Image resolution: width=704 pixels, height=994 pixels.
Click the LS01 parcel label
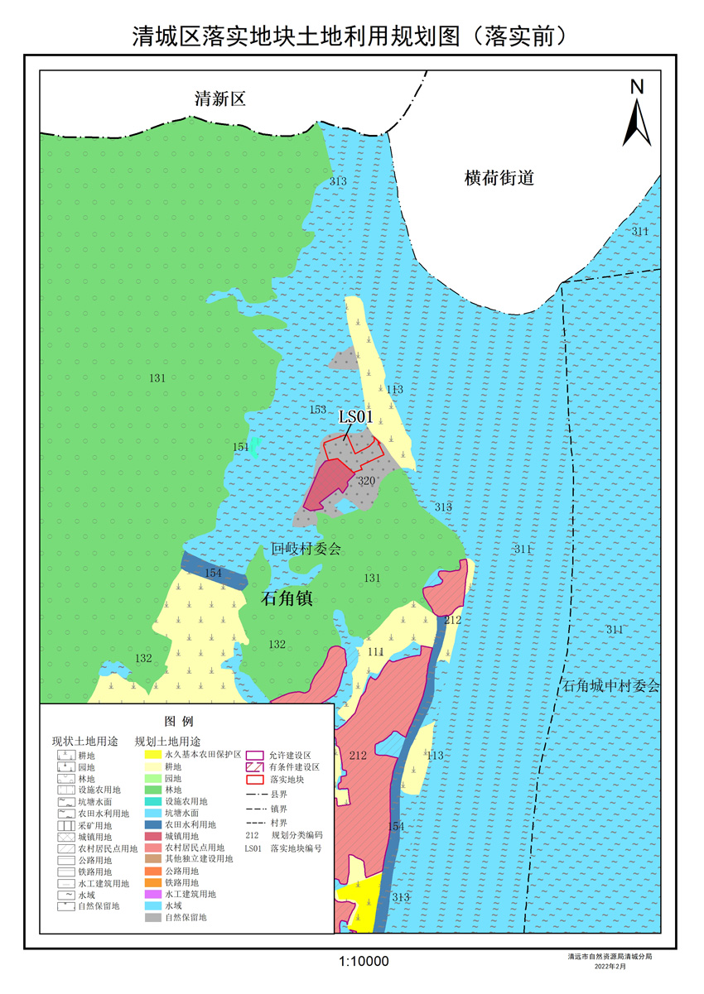(x=357, y=416)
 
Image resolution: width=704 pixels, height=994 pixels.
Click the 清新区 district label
(x=220, y=100)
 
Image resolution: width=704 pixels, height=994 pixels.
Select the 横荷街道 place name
(x=499, y=178)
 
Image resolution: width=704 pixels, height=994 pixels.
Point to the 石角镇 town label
(x=287, y=599)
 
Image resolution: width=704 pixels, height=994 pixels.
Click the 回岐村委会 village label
(x=306, y=549)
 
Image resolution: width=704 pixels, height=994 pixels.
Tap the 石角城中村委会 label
(x=611, y=686)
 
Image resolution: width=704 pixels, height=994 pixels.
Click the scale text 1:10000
(x=364, y=961)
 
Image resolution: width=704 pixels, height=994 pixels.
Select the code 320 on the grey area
(x=366, y=481)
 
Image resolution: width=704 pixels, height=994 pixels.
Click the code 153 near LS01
(x=318, y=411)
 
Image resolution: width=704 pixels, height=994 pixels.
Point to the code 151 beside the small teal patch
(x=240, y=447)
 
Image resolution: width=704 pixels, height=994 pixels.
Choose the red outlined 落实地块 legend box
(x=255, y=779)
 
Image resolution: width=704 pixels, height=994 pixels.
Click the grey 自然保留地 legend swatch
(x=152, y=917)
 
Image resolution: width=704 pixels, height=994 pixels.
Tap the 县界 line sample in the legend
(x=255, y=794)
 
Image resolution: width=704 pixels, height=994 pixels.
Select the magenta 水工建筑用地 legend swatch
(x=152, y=894)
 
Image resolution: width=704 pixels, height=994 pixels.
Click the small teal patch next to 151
(x=255, y=447)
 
